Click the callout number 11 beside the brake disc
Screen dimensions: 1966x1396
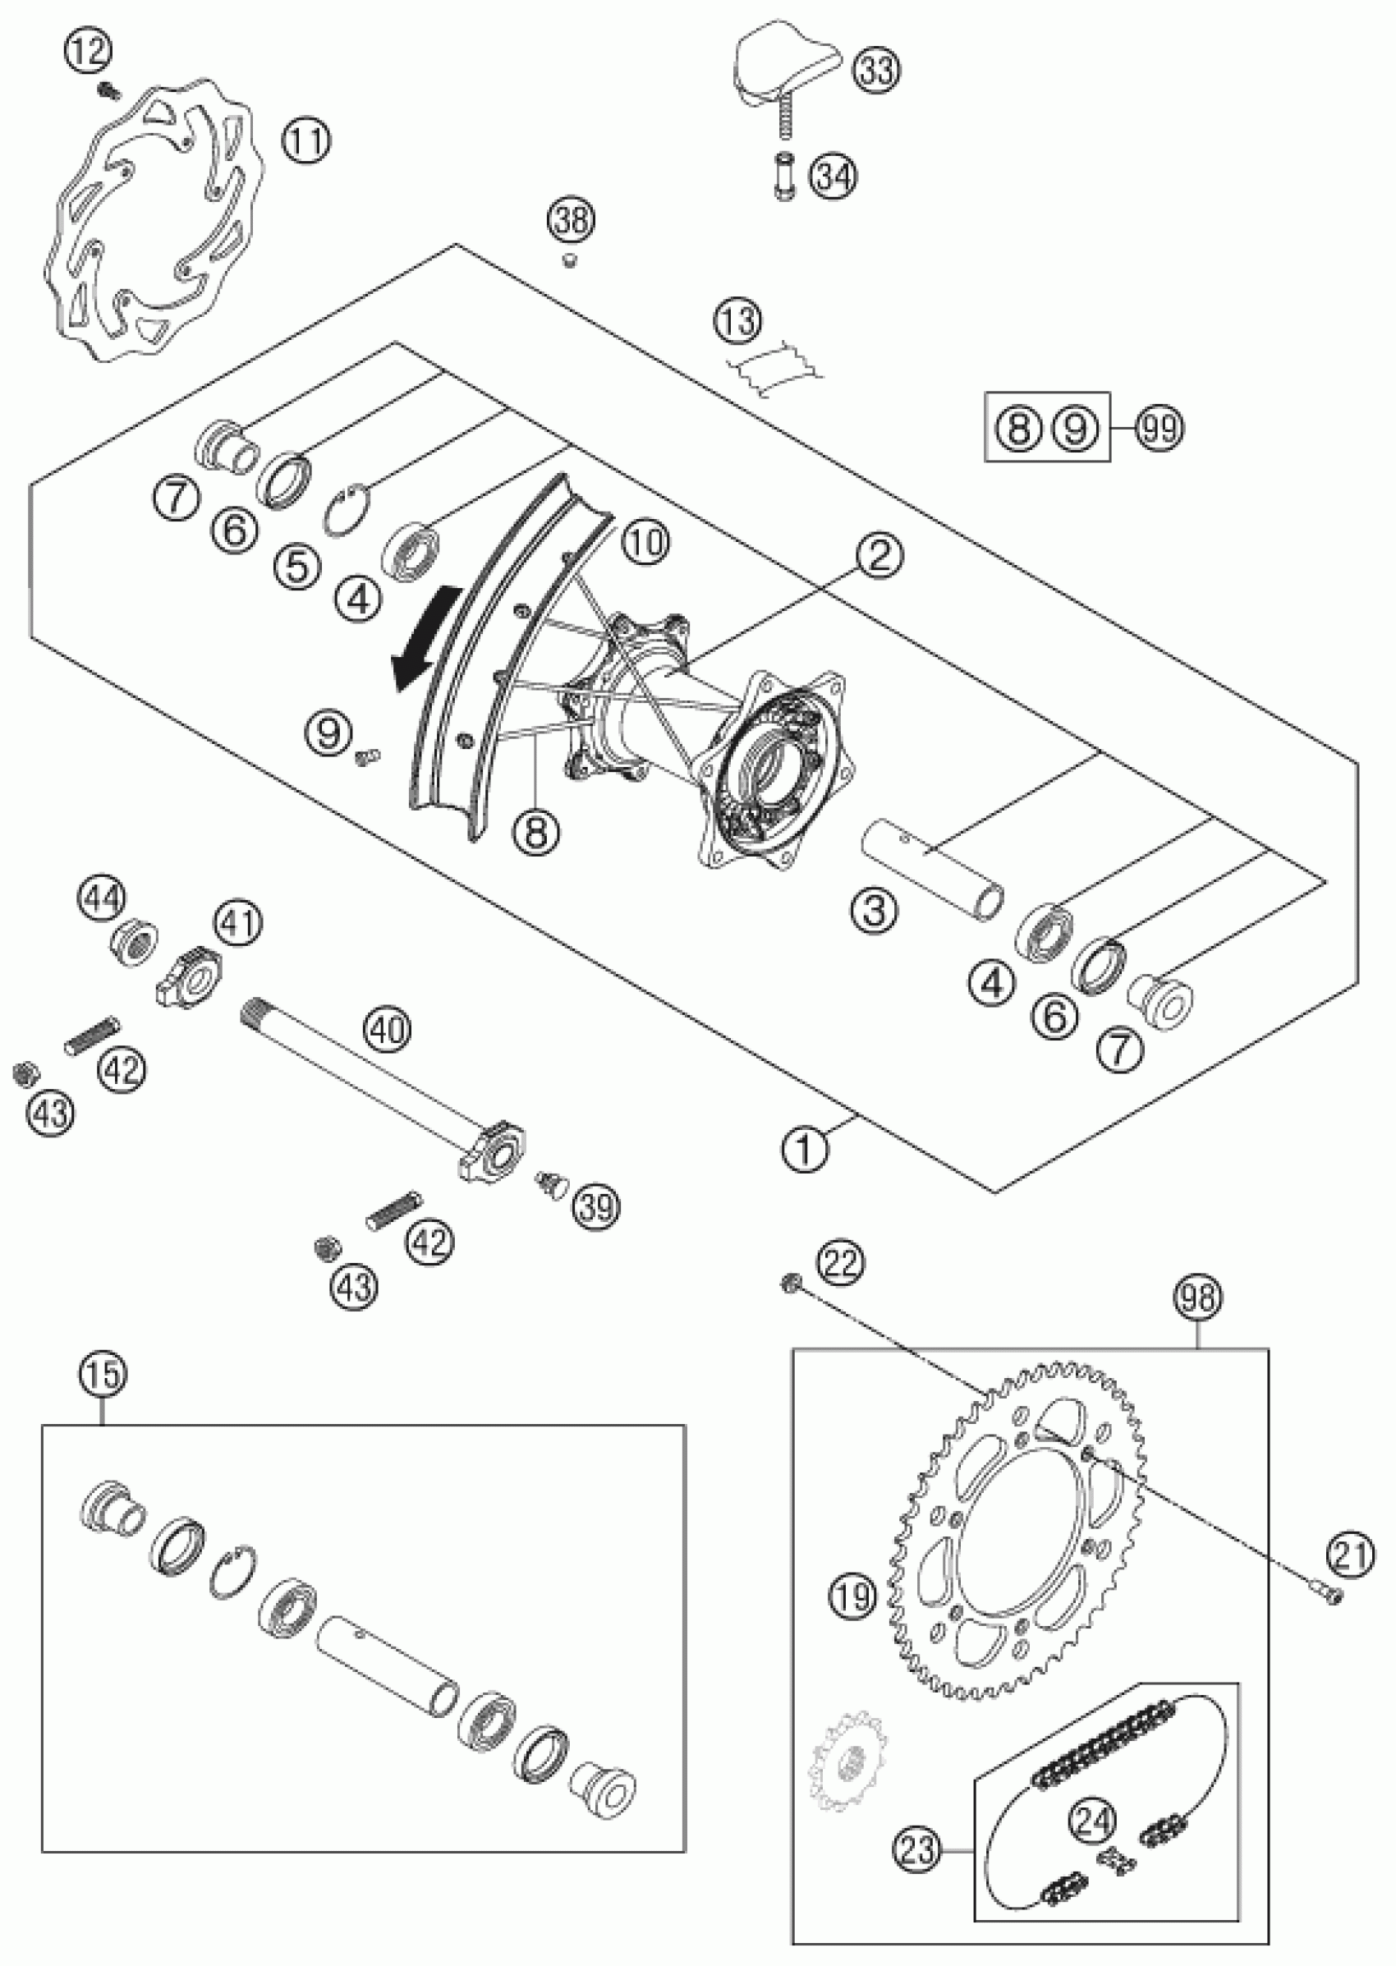307,141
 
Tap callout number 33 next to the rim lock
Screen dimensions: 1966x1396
876,70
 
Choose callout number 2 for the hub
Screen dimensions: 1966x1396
878,556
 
